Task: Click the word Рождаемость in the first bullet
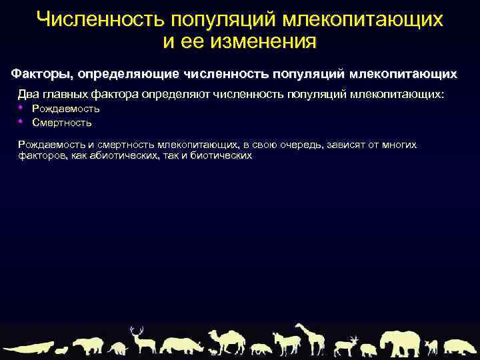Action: [65, 109]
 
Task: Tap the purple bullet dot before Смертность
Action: [21, 121]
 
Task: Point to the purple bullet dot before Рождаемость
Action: [21, 107]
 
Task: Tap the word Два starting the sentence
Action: [29, 94]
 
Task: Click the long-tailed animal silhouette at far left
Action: [27, 348]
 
